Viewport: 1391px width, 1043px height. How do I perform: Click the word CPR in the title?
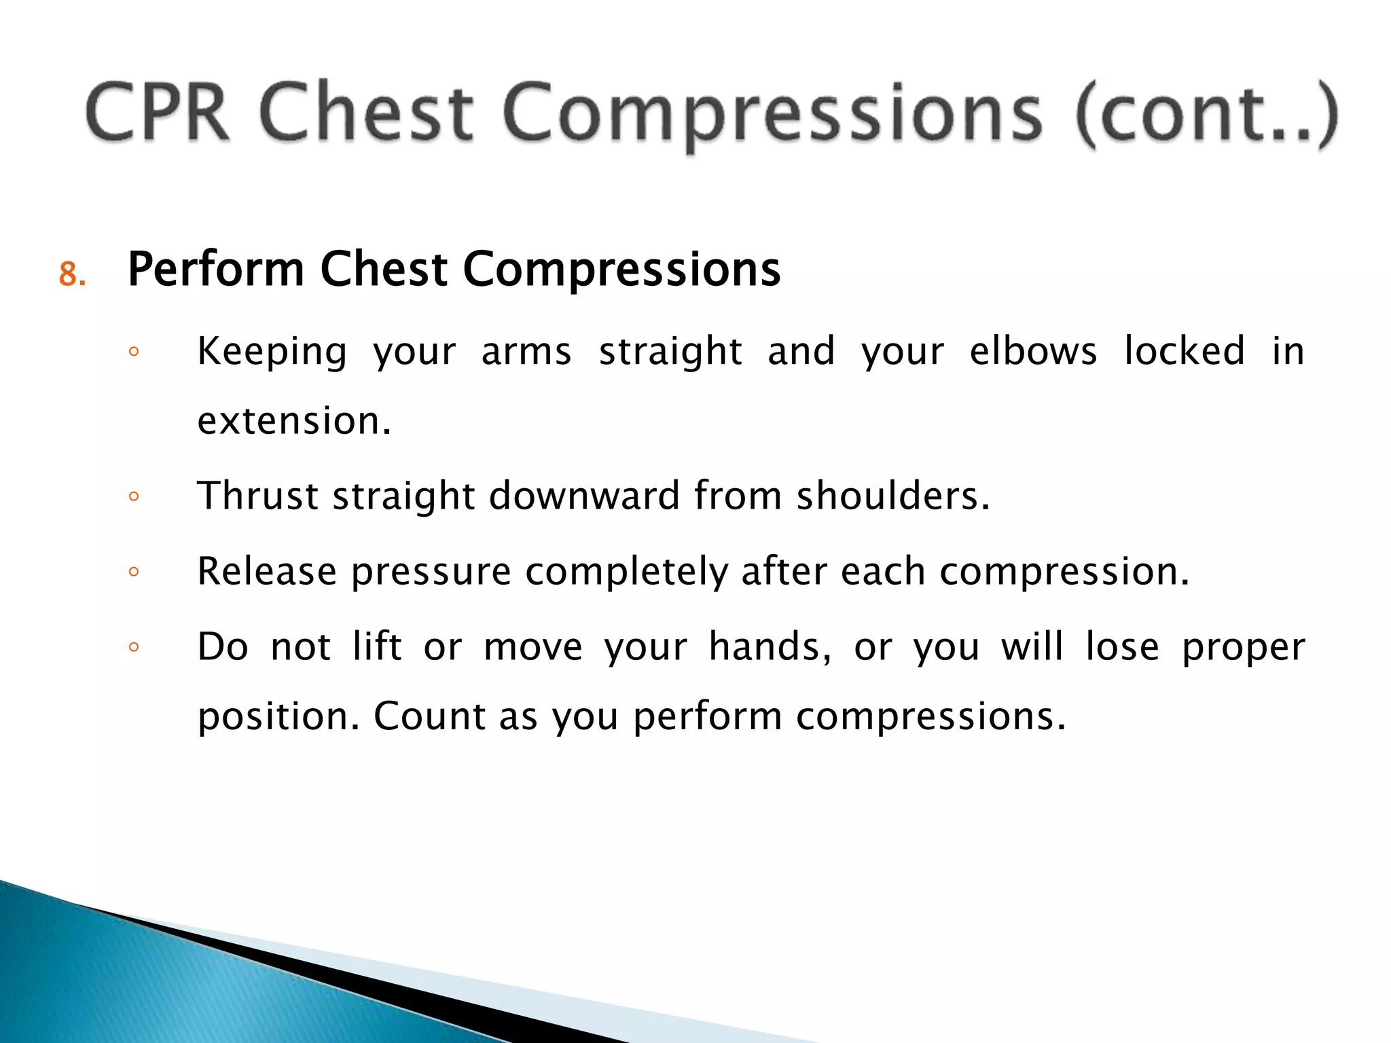158,112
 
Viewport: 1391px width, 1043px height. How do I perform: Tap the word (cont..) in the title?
1206,114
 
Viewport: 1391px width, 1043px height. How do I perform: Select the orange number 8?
72,274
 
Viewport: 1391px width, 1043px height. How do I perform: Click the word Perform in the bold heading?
216,270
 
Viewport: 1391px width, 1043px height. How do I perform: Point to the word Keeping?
272,352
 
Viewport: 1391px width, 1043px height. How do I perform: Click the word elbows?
1032,351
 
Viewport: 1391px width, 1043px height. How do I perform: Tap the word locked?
1185,351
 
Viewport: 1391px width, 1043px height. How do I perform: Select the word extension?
294,421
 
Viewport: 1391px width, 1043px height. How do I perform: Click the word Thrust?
257,495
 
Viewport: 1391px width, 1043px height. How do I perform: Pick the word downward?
584,495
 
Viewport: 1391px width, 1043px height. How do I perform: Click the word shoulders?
892,495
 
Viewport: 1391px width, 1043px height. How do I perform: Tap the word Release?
266,571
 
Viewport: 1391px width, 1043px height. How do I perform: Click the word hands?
770,646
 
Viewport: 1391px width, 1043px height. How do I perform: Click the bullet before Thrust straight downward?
134,496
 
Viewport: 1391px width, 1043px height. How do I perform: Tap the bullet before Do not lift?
134,647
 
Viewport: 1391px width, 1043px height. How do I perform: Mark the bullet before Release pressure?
134,572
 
